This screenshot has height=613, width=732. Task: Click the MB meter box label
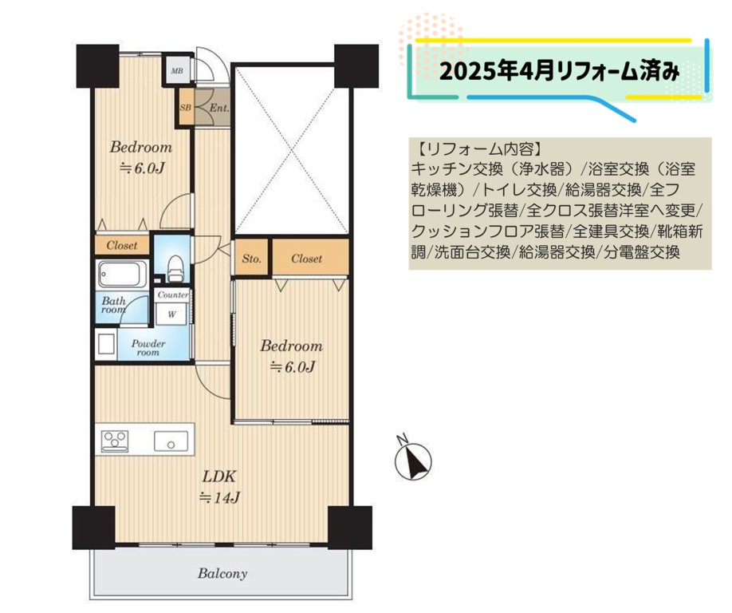pyautogui.click(x=177, y=71)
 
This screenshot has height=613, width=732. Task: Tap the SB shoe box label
pyautogui.click(x=185, y=108)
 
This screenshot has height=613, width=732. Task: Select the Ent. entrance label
pyautogui.click(x=219, y=108)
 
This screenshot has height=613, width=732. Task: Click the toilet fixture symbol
pyautogui.click(x=175, y=268)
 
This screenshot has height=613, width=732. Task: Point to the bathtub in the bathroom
pyautogui.click(x=122, y=274)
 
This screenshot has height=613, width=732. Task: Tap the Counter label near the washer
pyautogui.click(x=173, y=295)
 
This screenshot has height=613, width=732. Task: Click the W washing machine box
pyautogui.click(x=171, y=314)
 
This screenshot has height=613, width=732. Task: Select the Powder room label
pyautogui.click(x=148, y=348)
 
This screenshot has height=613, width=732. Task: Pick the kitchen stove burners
pyautogui.click(x=115, y=441)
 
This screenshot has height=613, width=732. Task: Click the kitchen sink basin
pyautogui.click(x=171, y=441)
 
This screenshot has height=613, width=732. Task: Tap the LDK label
pyautogui.click(x=219, y=477)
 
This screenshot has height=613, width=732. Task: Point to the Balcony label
pyautogui.click(x=222, y=573)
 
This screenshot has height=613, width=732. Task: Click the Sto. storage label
pyautogui.click(x=252, y=259)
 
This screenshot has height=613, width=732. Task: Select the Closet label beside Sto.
pyautogui.click(x=307, y=259)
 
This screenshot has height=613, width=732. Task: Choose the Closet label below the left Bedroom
pyautogui.click(x=122, y=245)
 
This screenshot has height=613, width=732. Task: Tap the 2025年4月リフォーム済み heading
pyautogui.click(x=560, y=71)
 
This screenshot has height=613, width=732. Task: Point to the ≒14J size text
pyautogui.click(x=219, y=498)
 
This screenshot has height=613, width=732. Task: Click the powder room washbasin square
pyautogui.click(x=105, y=345)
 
